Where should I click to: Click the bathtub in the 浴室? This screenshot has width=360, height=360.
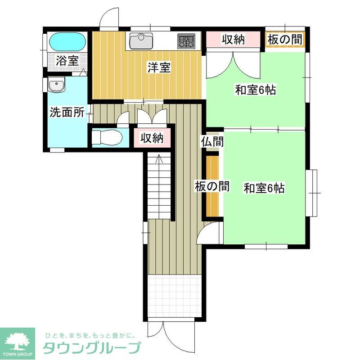pyautogui.click(x=67, y=42)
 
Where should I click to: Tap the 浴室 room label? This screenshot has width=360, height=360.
pyautogui.click(x=67, y=61)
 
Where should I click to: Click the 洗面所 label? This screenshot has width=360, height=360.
pyautogui.click(x=67, y=112)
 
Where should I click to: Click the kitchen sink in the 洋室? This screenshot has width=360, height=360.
pyautogui.click(x=141, y=41)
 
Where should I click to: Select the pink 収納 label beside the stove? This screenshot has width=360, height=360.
pyautogui.click(x=233, y=40)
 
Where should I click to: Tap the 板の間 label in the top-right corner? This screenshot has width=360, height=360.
pyautogui.click(x=285, y=40)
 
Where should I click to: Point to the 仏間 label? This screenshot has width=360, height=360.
pyautogui.click(x=212, y=141)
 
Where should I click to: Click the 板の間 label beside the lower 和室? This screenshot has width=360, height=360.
pyautogui.click(x=212, y=186)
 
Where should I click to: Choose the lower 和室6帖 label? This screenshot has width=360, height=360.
pyautogui.click(x=264, y=188)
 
